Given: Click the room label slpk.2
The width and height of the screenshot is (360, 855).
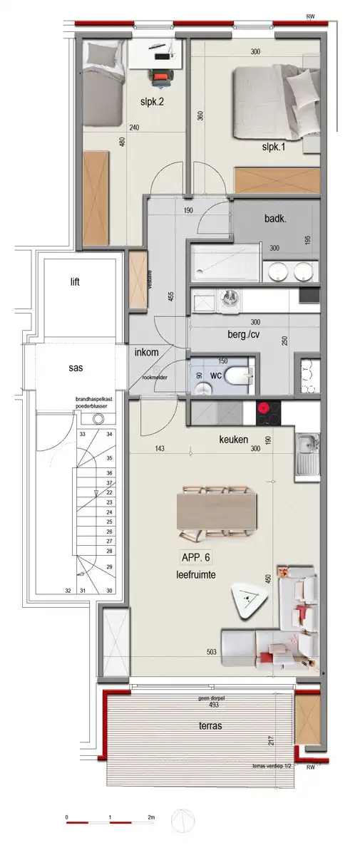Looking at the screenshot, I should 153,102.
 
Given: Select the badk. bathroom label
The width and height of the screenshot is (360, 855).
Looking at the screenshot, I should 275,220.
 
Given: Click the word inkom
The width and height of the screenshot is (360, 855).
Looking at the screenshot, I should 147,352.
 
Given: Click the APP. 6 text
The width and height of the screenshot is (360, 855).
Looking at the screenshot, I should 198,559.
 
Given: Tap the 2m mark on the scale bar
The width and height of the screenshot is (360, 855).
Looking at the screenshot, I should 151,817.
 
